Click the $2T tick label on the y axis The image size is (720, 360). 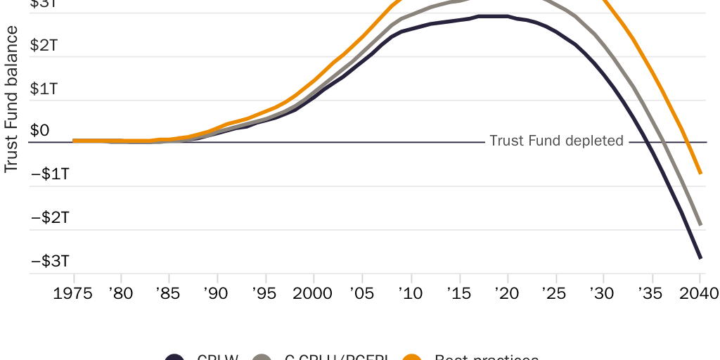point(44,46)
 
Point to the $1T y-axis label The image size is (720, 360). point(44,89)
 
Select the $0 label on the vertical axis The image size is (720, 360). point(40,131)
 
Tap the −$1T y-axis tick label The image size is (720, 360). point(49,174)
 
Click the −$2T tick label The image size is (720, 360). point(49,218)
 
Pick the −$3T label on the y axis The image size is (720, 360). point(49,262)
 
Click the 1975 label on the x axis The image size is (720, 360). point(73,292)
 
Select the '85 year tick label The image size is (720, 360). point(167,292)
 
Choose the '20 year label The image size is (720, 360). point(506,292)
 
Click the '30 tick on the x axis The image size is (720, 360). point(602,292)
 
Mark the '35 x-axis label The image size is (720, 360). point(650,292)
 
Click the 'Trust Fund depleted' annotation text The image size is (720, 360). point(556,141)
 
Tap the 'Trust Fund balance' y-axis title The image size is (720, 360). point(11,99)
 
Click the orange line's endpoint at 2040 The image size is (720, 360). point(700,173)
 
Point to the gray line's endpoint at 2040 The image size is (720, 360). point(700,225)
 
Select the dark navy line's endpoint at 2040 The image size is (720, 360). point(700,258)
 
